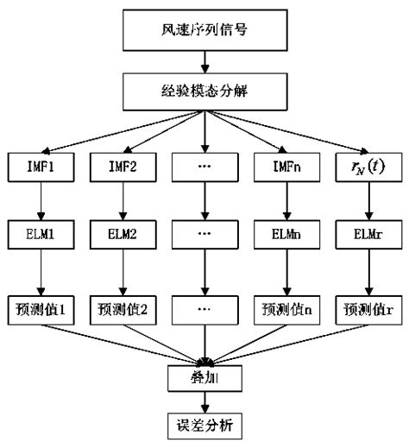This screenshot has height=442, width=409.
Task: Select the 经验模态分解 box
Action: (204, 90)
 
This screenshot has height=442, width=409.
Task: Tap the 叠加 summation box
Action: (204, 377)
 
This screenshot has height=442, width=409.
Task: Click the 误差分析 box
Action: (204, 425)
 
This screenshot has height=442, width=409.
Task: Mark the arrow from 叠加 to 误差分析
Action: (204, 401)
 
